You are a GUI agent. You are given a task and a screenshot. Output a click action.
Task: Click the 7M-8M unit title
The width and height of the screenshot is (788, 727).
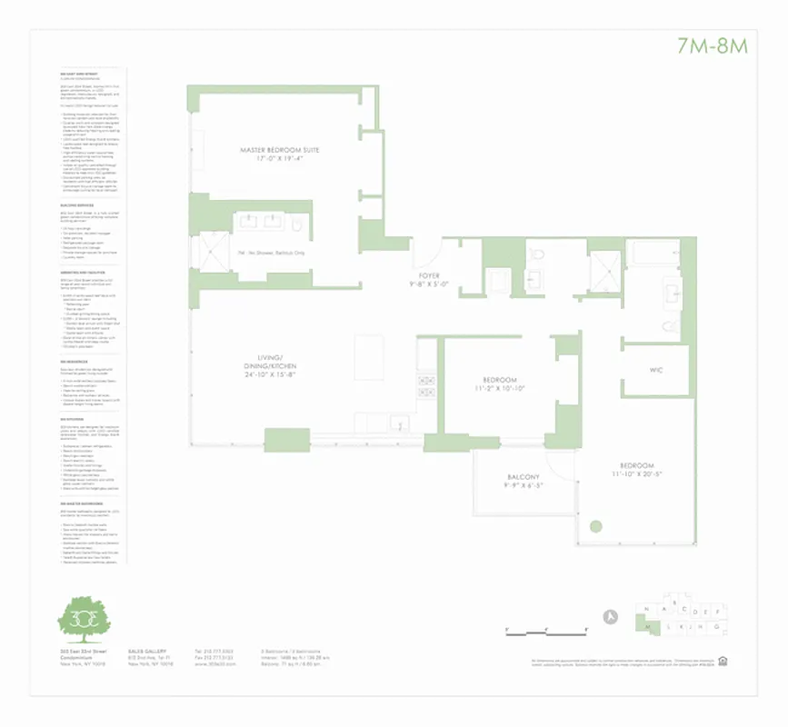pos(712,45)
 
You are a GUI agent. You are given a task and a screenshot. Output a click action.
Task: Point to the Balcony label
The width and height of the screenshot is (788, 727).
pos(523,477)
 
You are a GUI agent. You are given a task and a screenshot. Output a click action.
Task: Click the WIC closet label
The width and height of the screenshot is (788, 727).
pos(655,370)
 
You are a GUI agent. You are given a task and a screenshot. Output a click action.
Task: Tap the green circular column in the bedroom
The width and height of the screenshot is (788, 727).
pos(595,525)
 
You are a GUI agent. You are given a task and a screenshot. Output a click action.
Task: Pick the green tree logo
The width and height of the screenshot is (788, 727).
pos(84,619)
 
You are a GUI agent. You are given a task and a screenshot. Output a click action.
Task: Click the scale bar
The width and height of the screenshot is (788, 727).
pos(545,629)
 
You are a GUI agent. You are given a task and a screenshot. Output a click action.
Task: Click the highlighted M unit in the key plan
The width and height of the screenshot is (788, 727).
pos(648,627)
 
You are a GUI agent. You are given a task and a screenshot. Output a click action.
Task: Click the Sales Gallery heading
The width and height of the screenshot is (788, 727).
pos(145,652)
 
